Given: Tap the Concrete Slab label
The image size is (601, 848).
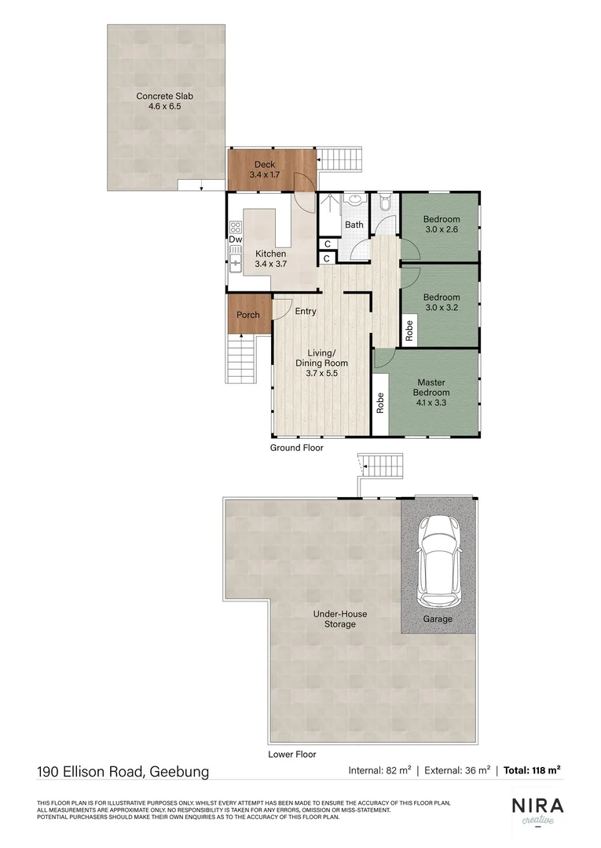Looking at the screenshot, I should coord(164,96).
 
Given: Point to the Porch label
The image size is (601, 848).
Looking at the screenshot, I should coord(248,315).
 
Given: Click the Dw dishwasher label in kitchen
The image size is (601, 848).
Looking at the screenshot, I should coord(236,239).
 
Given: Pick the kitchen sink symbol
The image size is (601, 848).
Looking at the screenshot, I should coord(234,258).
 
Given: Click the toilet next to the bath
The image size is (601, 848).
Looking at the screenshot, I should coord(385,203).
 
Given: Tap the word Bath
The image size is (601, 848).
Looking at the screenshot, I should coord(354,225).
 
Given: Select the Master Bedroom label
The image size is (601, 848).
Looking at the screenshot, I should coord(431,387).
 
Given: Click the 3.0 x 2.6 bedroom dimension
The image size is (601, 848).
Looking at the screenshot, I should coord(441,230).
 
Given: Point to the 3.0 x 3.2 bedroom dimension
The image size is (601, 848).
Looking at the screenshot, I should coord(441,309).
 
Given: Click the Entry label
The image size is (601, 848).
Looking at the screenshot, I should coord(306,311).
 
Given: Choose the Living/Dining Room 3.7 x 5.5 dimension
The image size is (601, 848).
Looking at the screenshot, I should coord(321,375).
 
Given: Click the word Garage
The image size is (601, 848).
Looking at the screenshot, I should coord(438,619).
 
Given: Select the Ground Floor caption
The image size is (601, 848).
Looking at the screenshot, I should coord(297,448).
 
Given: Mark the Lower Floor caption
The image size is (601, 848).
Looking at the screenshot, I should coord(292,754).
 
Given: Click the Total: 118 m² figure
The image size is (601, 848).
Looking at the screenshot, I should coord(532,771).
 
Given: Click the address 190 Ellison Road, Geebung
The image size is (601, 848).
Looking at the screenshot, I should coord(123,771).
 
